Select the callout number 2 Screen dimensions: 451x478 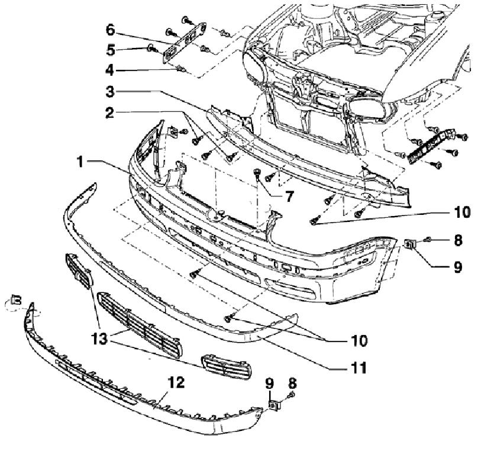(x=111, y=112)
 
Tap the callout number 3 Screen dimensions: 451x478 (x=111, y=92)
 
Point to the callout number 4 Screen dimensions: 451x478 (x=111, y=70)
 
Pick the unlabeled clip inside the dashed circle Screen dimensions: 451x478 (x=16, y=301)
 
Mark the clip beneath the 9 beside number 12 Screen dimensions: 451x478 (x=273, y=405)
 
